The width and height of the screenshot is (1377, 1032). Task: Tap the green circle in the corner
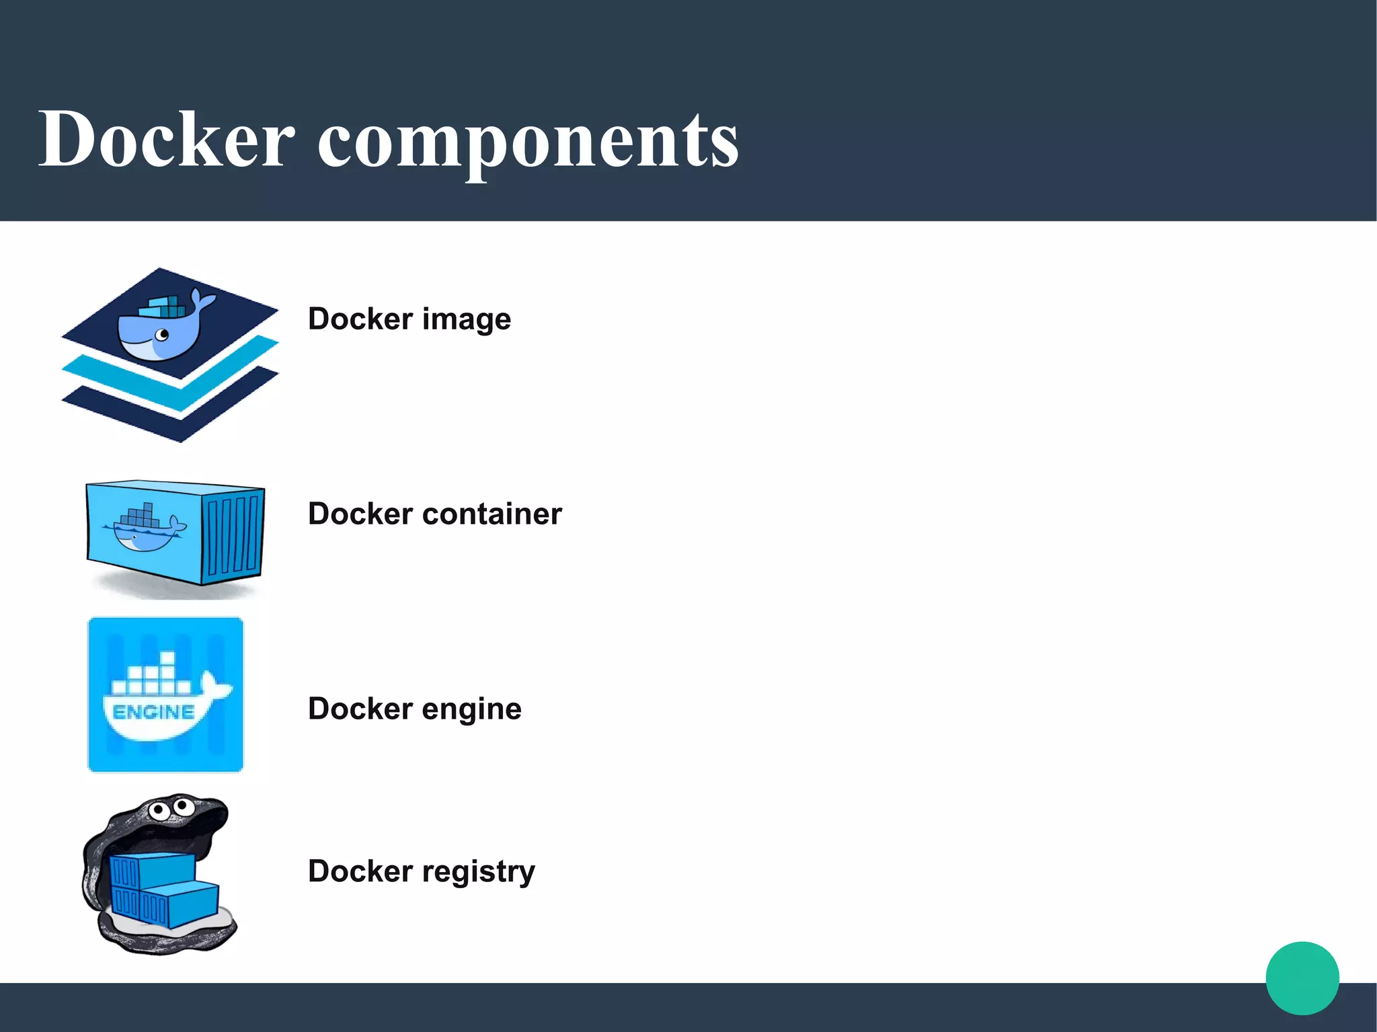1302,978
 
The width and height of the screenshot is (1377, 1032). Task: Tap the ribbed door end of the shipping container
233,534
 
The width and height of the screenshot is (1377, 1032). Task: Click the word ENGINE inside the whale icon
153,712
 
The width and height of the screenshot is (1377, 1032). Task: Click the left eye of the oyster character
159,809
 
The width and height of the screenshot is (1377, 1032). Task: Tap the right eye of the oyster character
181,805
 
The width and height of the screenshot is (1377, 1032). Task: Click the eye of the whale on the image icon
162,334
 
